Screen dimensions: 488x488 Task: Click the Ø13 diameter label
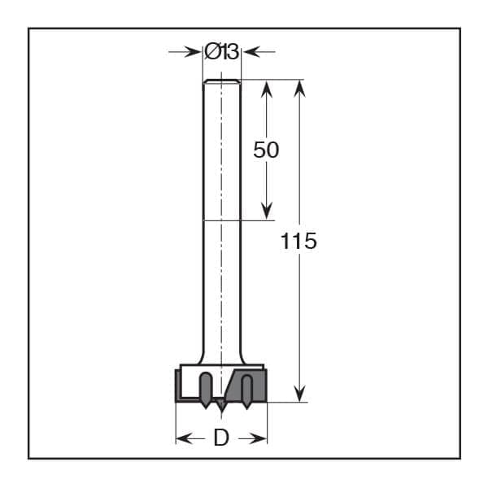[x=221, y=52]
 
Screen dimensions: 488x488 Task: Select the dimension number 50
[x=266, y=150]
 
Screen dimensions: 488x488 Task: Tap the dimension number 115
[x=298, y=241]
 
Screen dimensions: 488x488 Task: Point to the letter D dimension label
[x=221, y=438]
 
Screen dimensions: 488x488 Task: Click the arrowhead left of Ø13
[x=192, y=52]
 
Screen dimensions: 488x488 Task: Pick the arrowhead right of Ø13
[x=251, y=52]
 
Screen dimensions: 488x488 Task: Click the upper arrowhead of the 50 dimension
[x=267, y=89]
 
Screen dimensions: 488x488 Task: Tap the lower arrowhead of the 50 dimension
[x=267, y=211]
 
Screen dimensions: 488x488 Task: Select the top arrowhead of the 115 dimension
[x=299, y=89]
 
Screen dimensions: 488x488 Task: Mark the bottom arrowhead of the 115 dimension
[x=299, y=393]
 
